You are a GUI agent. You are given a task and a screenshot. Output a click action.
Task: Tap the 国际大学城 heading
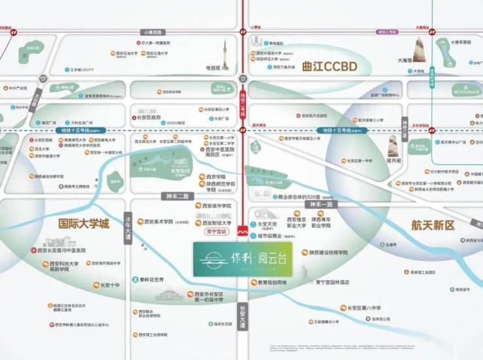pos(84,223)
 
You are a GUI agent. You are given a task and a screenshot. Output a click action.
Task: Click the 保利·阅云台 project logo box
pos(243,259)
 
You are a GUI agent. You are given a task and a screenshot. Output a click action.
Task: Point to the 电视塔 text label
pos(213,68)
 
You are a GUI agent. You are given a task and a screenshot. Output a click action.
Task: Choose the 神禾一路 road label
pos(322,204)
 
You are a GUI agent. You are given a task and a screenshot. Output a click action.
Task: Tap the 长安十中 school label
pos(110,285)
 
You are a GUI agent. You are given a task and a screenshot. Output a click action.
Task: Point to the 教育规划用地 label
pos(273,282)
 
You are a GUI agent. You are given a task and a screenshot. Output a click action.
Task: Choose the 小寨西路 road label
pos(153,32)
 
